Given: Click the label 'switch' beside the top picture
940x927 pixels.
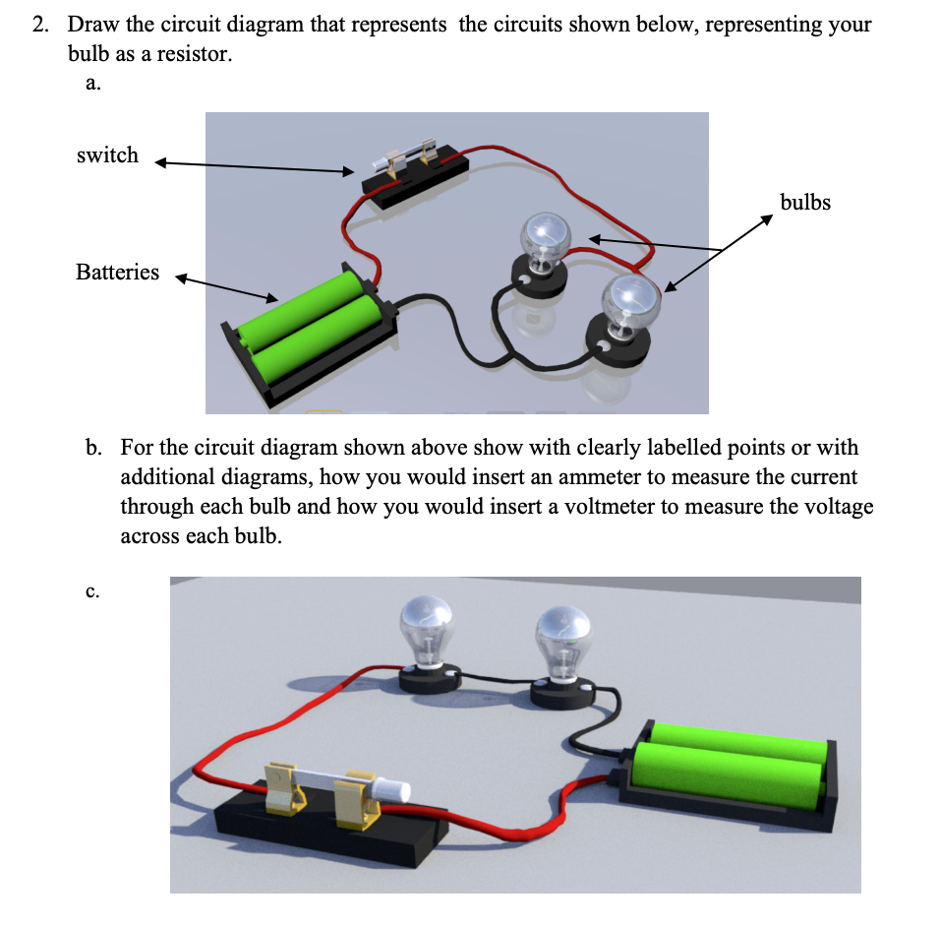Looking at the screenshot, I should click(x=107, y=155).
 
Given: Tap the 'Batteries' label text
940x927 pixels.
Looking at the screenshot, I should click(x=117, y=273).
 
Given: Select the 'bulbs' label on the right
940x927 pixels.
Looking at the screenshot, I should click(x=804, y=203).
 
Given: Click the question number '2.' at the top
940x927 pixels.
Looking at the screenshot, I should click(x=40, y=25).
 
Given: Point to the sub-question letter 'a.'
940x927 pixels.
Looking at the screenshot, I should click(x=92, y=84).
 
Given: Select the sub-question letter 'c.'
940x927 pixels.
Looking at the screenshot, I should click(x=92, y=591).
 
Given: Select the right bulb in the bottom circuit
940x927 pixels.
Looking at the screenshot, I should click(x=563, y=634).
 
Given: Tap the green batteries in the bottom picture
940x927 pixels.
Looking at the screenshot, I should click(x=733, y=763).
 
